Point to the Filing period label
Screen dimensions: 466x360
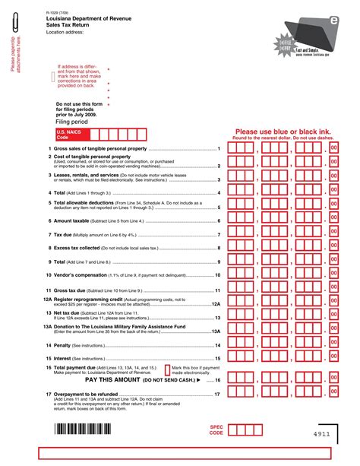tap(72, 121)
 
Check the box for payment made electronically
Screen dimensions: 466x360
tap(168, 369)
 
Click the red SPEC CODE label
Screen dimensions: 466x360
tap(216, 430)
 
